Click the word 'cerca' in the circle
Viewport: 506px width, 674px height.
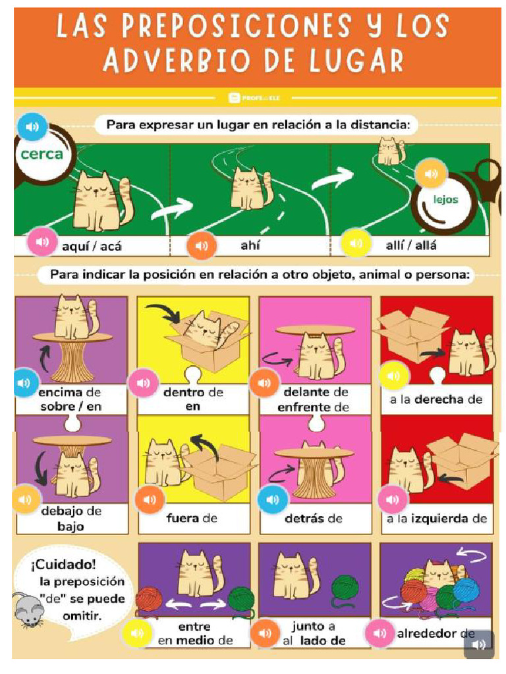coord(42,155)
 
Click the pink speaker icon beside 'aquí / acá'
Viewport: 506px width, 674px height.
coord(42,242)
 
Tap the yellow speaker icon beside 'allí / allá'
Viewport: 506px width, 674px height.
coord(356,243)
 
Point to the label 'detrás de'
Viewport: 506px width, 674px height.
coord(314,518)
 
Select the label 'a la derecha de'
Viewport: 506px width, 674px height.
coord(436,400)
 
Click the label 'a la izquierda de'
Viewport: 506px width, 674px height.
coord(437,518)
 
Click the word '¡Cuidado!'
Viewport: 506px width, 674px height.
coord(63,565)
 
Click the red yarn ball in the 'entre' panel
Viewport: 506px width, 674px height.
coord(149,598)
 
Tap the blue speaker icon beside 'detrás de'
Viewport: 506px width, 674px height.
coord(273,500)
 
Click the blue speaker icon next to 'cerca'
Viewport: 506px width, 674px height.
coord(32,127)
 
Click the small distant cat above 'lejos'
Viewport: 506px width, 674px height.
coord(389,151)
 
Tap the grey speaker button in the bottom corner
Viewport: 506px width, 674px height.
coord(479,644)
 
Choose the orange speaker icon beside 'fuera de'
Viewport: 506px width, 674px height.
coord(150,500)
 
